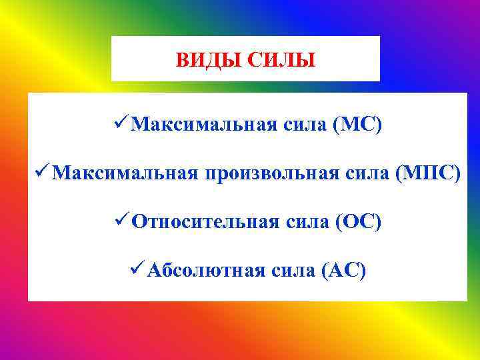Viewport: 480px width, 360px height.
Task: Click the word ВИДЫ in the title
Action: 209,61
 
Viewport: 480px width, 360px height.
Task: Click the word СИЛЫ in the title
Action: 281,61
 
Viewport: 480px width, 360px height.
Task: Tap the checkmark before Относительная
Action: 120,221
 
